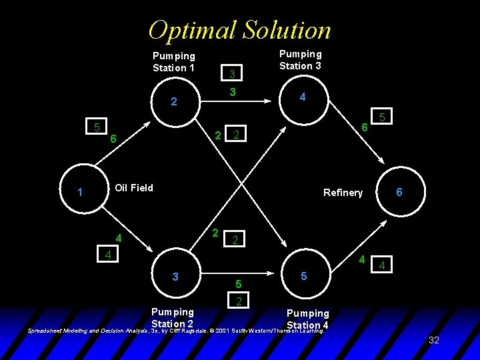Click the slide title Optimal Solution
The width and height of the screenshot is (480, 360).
pyautogui.click(x=239, y=30)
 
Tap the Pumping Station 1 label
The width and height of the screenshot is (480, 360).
pyautogui.click(x=174, y=62)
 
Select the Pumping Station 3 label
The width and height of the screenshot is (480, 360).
pyautogui.click(x=300, y=60)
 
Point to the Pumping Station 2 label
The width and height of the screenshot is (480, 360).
pyautogui.click(x=173, y=317)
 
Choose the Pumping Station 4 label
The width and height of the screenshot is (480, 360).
pyautogui.click(x=307, y=319)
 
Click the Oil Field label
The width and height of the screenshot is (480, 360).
pyautogui.click(x=134, y=188)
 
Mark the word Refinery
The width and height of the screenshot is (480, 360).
pyautogui.click(x=343, y=193)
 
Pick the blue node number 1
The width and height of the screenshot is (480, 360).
pyautogui.click(x=79, y=193)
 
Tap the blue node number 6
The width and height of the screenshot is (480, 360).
pyautogui.click(x=399, y=191)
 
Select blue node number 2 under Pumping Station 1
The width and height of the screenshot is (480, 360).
pyautogui.click(x=174, y=102)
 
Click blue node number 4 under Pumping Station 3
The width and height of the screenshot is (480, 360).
pyautogui.click(x=303, y=97)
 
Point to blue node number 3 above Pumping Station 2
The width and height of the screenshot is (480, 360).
pyautogui.click(x=175, y=276)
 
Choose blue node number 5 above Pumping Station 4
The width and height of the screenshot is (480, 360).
pyautogui.click(x=303, y=275)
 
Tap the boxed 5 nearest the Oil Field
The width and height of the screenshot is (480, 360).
pyautogui.click(x=97, y=127)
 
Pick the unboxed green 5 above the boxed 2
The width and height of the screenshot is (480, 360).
pyautogui.click(x=237, y=285)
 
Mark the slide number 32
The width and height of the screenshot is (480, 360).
pyautogui.click(x=434, y=340)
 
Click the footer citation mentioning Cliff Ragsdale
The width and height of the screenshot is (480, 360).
pyautogui.click(x=176, y=330)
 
